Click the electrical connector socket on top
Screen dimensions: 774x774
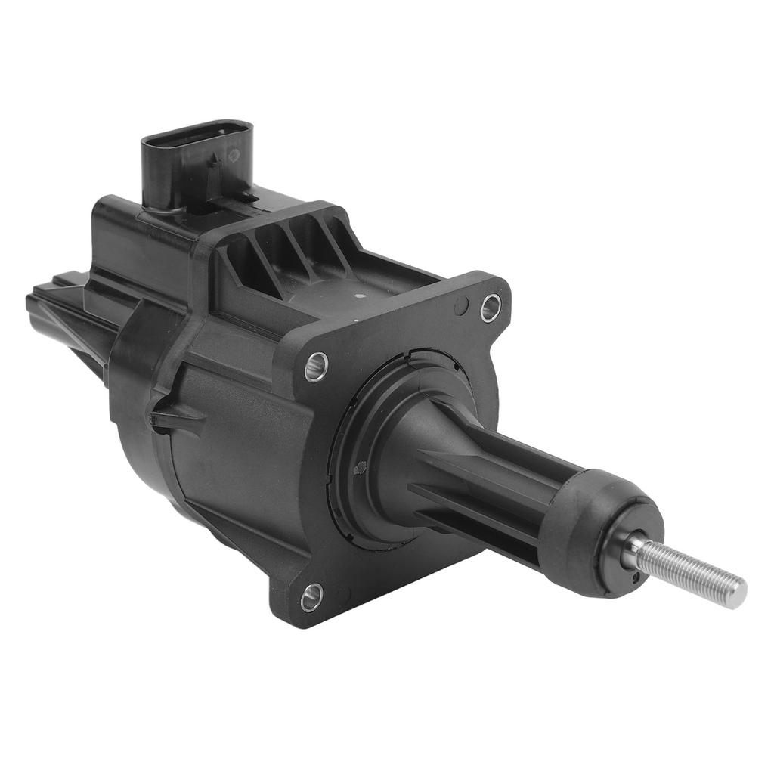click(198, 163)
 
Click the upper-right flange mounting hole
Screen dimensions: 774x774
click(491, 306)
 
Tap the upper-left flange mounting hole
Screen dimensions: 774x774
click(317, 367)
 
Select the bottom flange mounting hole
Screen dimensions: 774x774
click(311, 597)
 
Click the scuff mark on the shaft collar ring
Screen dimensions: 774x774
click(361, 468)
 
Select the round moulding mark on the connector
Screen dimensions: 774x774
click(234, 155)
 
